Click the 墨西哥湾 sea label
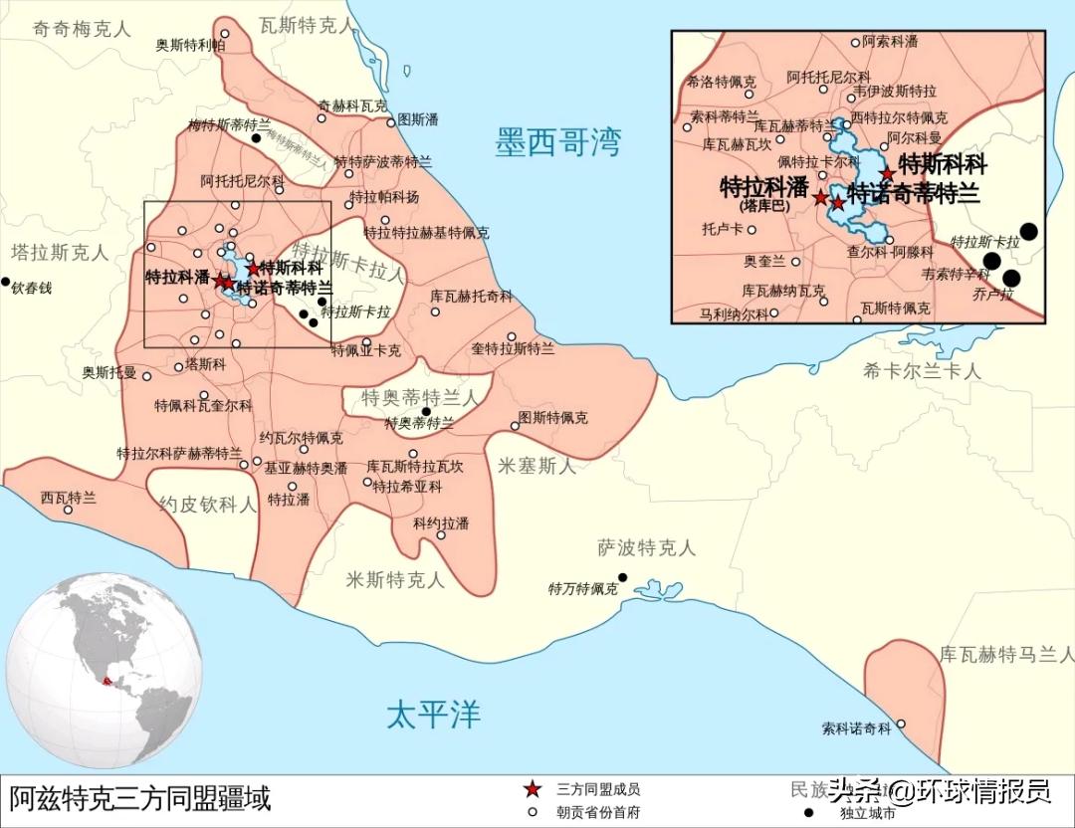click(557, 143)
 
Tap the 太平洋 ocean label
click(433, 714)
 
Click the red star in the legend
click(533, 789)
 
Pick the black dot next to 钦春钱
click(6, 282)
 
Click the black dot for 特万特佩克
click(623, 577)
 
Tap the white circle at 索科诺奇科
click(902, 724)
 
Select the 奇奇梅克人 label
click(82, 29)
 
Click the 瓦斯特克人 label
click(303, 25)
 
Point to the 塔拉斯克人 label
click(60, 252)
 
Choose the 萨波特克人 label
click(646, 547)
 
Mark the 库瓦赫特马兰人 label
click(1006, 654)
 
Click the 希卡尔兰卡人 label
click(922, 371)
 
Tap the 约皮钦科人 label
click(207, 504)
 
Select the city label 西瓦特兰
click(69, 498)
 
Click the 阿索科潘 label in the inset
click(890, 42)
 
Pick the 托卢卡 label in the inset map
click(722, 228)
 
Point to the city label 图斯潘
click(417, 118)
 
